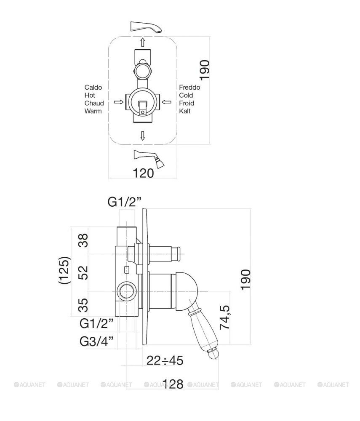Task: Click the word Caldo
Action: [x=93, y=88]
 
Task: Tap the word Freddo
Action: [x=189, y=88]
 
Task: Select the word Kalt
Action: [x=185, y=111]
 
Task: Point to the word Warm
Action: [x=93, y=111]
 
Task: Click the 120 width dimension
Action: [x=144, y=173]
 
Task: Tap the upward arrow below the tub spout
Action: [x=143, y=42]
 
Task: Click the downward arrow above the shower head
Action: [x=143, y=135]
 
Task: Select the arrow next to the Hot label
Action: [x=118, y=101]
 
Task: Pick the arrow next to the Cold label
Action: [x=167, y=101]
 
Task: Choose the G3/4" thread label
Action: [x=97, y=341]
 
